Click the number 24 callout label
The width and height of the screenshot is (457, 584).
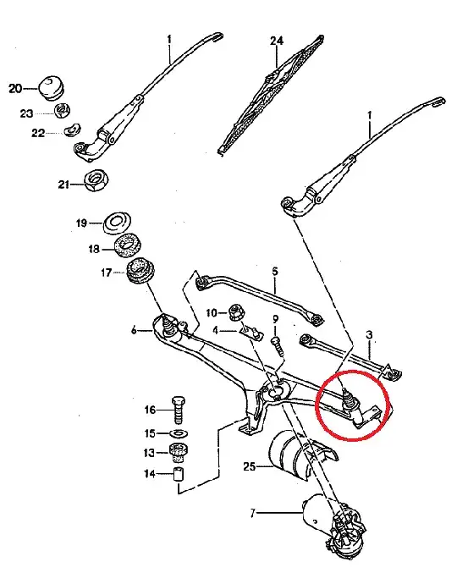[276, 41]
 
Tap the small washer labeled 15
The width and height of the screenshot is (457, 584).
[178, 433]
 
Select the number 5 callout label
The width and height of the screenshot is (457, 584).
[274, 272]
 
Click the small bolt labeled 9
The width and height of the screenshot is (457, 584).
[276, 344]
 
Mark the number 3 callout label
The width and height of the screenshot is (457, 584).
[369, 336]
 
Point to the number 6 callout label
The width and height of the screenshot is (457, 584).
[134, 332]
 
